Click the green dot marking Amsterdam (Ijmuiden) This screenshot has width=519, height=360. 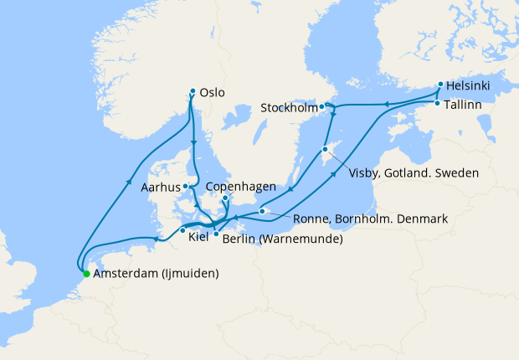click(86, 273)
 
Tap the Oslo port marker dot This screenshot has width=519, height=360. click(193, 91)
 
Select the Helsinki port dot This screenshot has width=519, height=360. click(441, 85)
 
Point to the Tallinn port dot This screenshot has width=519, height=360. click(437, 103)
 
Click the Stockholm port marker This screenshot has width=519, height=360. click(321, 106)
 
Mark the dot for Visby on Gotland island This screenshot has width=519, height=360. click(325, 150)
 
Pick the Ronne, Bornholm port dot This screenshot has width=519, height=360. click(263, 211)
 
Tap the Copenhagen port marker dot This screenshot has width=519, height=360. click(225, 198)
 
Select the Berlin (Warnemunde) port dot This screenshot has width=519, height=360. click(216, 234)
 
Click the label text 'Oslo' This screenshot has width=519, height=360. click(213, 93)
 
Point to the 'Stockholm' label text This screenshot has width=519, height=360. click(288, 108)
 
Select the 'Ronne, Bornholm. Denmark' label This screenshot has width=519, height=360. click(370, 219)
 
